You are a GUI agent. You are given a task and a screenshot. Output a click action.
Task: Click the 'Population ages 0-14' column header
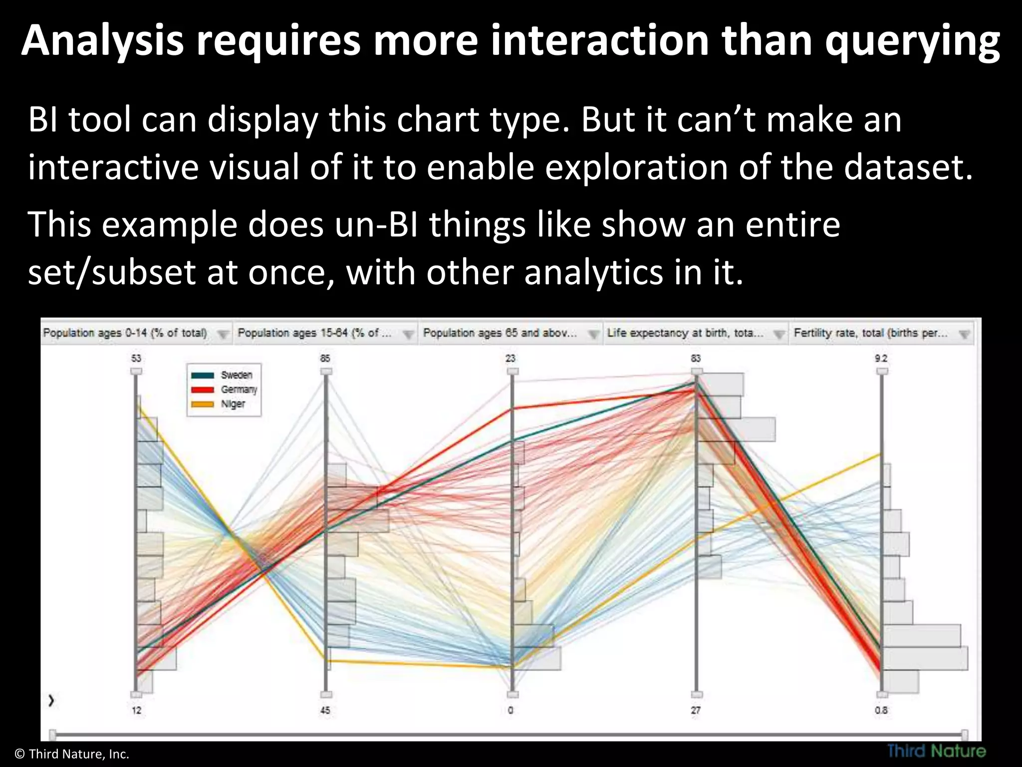click(125, 333)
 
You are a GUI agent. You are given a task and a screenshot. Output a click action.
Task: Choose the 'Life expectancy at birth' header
click(685, 333)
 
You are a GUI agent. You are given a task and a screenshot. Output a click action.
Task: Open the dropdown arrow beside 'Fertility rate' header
click(964, 335)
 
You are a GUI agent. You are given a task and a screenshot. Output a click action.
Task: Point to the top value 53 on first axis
click(136, 358)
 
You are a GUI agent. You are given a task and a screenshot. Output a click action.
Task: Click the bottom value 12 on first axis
click(136, 710)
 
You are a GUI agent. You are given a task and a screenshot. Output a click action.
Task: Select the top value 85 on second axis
click(325, 358)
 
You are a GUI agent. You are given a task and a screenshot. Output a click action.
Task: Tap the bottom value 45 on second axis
click(325, 710)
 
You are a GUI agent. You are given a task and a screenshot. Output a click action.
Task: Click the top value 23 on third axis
click(511, 358)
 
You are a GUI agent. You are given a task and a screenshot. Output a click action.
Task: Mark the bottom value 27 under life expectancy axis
click(696, 710)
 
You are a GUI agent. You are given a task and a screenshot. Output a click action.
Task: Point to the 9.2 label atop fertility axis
click(881, 358)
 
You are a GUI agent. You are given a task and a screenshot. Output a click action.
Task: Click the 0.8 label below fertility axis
click(881, 710)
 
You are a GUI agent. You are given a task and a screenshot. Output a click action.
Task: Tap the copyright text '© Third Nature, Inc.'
click(72, 754)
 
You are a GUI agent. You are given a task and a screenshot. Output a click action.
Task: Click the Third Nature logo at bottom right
click(936, 751)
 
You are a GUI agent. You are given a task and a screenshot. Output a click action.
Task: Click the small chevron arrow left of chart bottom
click(51, 701)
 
